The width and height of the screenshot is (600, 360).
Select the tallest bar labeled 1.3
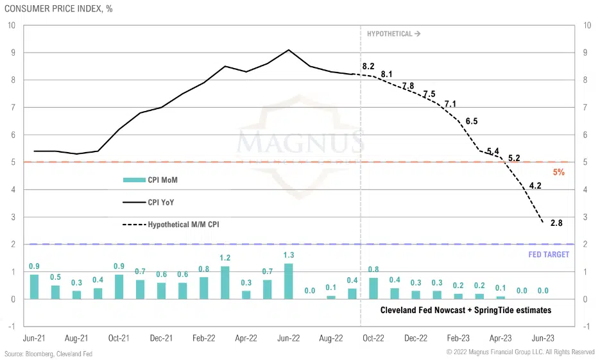click(288, 281)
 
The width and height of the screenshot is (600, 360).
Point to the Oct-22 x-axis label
click(373, 337)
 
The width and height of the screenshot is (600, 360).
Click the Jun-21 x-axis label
click(34, 337)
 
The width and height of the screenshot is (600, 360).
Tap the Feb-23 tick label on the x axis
click(458, 337)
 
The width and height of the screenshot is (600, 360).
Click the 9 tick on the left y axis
click(12, 53)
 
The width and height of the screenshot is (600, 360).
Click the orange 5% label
click(558, 173)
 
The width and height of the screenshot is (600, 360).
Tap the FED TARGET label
click(549, 255)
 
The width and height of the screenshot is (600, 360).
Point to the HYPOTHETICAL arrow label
click(393, 34)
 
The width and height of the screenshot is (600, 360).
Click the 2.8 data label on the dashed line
click(556, 223)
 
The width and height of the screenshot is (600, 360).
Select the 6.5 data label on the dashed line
click(472, 121)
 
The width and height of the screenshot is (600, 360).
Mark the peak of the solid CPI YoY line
click(289, 50)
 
